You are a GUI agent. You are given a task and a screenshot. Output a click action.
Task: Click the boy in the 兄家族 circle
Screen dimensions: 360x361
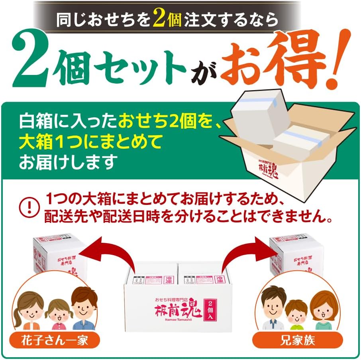click(x=297, y=313)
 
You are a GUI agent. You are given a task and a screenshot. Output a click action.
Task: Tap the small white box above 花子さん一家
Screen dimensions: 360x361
click(x=60, y=255)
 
